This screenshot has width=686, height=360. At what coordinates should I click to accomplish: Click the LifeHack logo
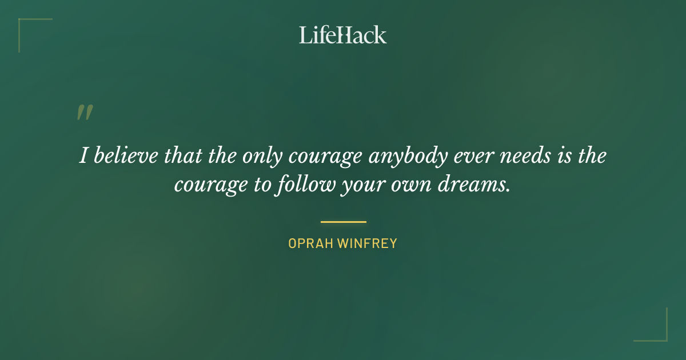pyautogui.click(x=342, y=35)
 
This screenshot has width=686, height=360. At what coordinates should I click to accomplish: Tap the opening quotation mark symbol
pyautogui.click(x=85, y=113)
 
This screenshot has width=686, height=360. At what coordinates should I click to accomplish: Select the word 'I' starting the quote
pyautogui.click(x=83, y=156)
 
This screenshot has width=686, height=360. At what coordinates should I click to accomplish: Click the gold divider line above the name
pyautogui.click(x=343, y=222)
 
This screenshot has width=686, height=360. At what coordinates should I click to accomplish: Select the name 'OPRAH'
pyautogui.click(x=310, y=243)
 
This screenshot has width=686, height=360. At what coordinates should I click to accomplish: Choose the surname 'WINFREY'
pyautogui.click(x=367, y=243)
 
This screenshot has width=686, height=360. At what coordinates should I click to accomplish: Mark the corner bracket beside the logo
pyautogui.click(x=29, y=29)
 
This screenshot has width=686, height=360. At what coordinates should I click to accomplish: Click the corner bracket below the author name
pyautogui.click(x=657, y=331)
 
